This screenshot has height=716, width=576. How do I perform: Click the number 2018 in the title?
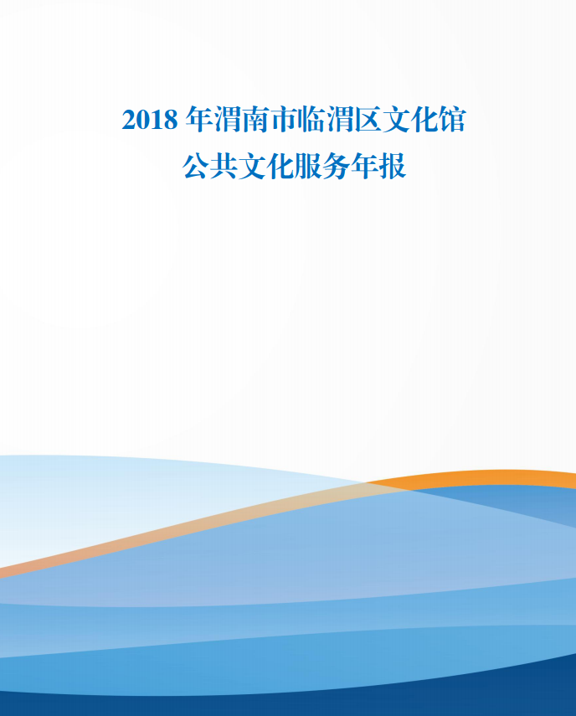150,120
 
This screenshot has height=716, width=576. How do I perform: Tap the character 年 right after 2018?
199,120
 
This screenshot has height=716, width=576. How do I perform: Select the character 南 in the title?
255,120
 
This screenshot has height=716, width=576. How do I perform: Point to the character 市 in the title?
284,120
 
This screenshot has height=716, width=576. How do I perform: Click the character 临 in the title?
312,120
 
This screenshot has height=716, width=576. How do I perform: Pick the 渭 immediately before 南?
227,120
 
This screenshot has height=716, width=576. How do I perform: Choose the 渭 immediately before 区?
341,120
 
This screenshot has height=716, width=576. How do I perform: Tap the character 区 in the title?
368,120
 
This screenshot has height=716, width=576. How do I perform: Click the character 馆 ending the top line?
453,120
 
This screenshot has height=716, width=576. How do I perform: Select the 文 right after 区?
396,120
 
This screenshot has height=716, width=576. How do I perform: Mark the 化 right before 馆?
424,120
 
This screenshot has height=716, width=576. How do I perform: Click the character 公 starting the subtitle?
196,166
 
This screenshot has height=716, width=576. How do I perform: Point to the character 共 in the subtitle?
224,166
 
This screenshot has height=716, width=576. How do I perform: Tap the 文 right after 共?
252,166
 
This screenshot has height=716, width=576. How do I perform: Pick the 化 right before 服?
280,166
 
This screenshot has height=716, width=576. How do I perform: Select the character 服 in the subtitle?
308,166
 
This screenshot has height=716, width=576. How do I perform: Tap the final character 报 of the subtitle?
393,166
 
